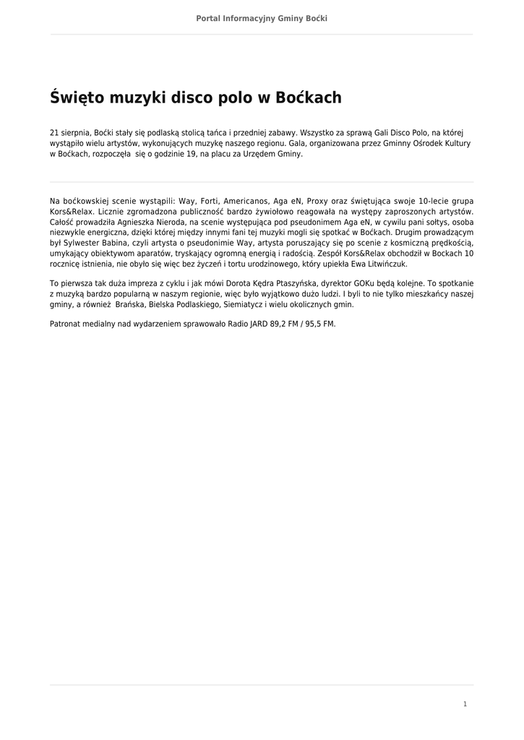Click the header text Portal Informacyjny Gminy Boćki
point(262,18)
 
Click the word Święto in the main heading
point(77,98)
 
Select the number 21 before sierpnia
point(54,134)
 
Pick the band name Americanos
point(246,201)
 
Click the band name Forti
point(209,201)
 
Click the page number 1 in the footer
point(465,704)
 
